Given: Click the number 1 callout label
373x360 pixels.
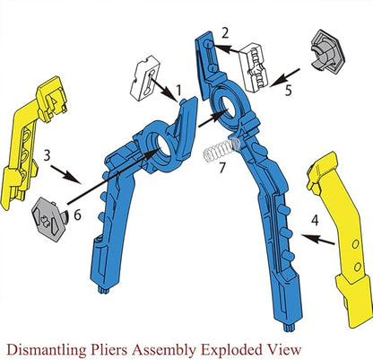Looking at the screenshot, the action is click(x=178, y=90).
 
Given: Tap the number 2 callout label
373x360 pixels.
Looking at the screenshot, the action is click(x=225, y=32).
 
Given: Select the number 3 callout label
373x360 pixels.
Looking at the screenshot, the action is click(x=47, y=155).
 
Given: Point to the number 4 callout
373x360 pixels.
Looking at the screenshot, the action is click(x=315, y=221).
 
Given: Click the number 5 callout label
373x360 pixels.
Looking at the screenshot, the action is click(x=289, y=91).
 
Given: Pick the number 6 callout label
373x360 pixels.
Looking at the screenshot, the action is click(x=77, y=215).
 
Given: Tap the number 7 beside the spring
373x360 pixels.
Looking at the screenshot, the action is click(x=221, y=168).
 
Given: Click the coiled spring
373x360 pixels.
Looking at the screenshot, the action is click(x=221, y=149).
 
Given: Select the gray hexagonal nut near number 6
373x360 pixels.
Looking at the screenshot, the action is click(x=50, y=220).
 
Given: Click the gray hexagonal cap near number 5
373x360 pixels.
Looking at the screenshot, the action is click(x=328, y=51).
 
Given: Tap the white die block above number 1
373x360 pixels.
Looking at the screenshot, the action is click(x=145, y=77).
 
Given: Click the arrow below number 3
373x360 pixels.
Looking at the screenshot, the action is click(x=65, y=174).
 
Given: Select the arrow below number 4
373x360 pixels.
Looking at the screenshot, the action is click(x=318, y=240).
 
